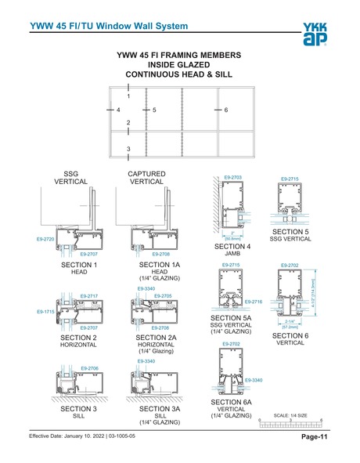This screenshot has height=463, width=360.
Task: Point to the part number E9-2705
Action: [x=163, y=296]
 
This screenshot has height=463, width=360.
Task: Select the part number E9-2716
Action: [x=254, y=302]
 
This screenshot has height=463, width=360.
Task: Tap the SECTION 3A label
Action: [x=160, y=409]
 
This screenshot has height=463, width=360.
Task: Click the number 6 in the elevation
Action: [x=225, y=110]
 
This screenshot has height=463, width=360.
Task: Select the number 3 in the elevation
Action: [x=128, y=148]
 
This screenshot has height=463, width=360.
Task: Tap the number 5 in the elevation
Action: [x=155, y=110]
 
